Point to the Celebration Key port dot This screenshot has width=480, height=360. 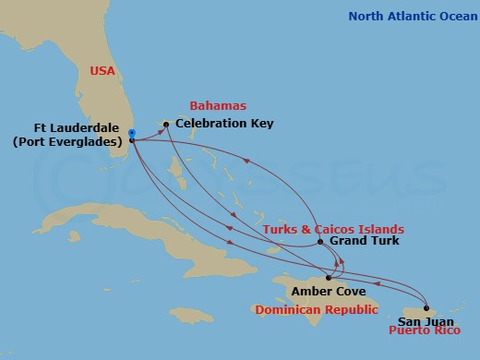pos(166,123)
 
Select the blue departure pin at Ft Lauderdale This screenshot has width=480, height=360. pos(132,134)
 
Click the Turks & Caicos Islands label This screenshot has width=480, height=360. pos(333,228)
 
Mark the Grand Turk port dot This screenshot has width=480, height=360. pos(320,243)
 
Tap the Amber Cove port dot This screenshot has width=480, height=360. pos(329,277)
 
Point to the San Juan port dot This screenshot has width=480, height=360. pos(426,307)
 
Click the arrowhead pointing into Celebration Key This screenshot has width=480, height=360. pos(160,125)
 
